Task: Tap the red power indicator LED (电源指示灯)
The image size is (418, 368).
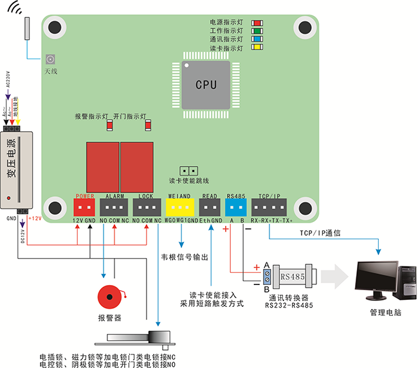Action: click(x=256, y=21)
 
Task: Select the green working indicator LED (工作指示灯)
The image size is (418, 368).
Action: click(x=256, y=30)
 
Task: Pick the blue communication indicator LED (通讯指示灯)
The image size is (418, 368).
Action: click(x=256, y=39)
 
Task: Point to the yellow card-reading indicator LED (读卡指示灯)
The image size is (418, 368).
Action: click(x=256, y=48)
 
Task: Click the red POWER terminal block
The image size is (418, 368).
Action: click(x=84, y=207)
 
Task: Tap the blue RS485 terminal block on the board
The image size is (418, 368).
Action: click(x=236, y=207)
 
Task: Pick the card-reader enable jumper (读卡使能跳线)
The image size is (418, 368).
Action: click(x=188, y=170)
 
